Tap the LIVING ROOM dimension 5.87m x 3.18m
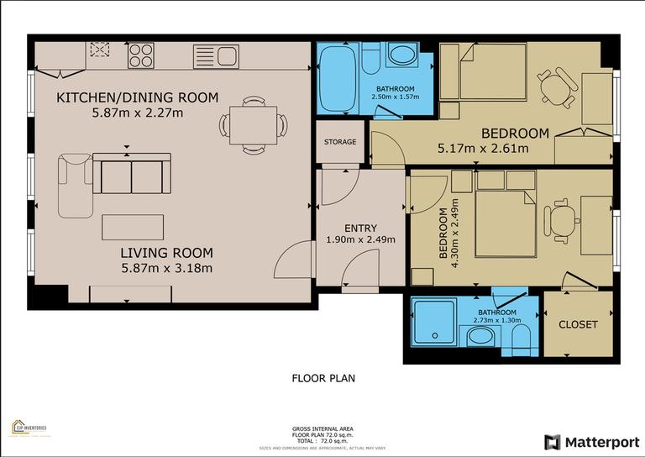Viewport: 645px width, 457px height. click(x=166, y=269)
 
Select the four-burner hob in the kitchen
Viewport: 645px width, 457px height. click(x=140, y=55)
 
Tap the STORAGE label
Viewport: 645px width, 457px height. click(x=340, y=142)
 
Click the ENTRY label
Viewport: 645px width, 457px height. click(x=360, y=228)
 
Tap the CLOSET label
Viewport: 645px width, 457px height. click(x=578, y=324)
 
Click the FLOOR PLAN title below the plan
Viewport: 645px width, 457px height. click(x=322, y=378)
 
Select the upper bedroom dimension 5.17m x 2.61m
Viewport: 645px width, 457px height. click(x=483, y=149)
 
